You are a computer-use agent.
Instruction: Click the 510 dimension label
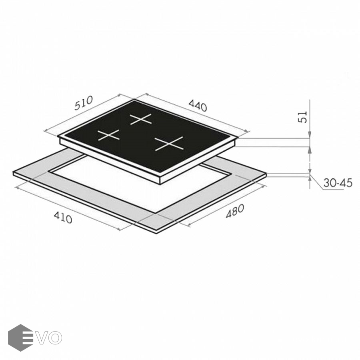click(x=84, y=103)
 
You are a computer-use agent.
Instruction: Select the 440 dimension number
click(x=198, y=106)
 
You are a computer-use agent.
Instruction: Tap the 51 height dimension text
click(x=303, y=117)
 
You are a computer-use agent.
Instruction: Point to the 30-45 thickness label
click(x=338, y=183)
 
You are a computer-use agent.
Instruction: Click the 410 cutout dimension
click(x=63, y=218)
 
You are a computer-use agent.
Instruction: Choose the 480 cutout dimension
click(x=235, y=211)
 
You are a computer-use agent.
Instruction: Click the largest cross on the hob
click(x=169, y=144)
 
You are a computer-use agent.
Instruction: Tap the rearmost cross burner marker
click(x=141, y=119)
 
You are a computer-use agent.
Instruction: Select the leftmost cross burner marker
click(x=108, y=135)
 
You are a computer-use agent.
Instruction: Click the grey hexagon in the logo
click(x=20, y=338)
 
